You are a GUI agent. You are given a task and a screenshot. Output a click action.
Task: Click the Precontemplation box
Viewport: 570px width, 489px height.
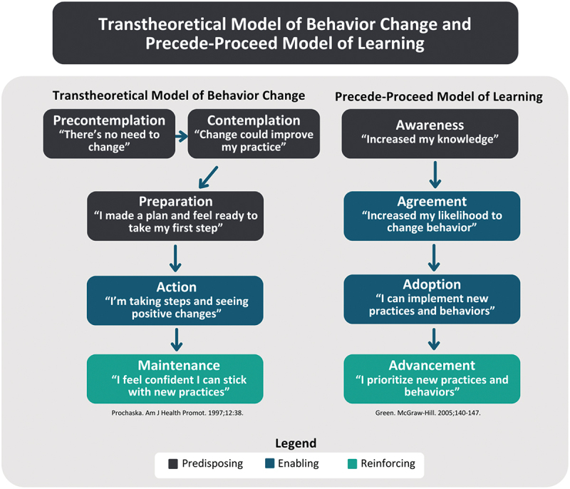(x=109, y=133)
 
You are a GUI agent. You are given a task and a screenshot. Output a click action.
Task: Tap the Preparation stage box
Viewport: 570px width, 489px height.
(x=175, y=215)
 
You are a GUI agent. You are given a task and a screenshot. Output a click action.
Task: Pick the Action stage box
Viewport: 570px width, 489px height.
(x=175, y=299)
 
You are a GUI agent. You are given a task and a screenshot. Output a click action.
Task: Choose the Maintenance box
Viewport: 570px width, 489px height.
(x=175, y=378)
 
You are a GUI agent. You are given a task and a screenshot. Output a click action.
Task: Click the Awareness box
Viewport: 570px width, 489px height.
(x=430, y=133)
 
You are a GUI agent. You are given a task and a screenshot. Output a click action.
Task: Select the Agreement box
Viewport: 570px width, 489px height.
(x=430, y=215)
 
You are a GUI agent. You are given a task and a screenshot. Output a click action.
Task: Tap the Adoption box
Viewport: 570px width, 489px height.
(x=430, y=299)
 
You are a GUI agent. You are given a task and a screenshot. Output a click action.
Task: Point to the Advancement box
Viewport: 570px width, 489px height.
(x=430, y=378)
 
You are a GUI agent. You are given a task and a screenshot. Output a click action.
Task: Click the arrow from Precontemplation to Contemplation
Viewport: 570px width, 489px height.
(x=181, y=133)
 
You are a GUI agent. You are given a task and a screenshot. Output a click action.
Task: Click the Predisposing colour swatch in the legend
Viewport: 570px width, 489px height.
(x=172, y=464)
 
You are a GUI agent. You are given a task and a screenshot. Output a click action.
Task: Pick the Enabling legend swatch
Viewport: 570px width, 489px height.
(x=269, y=464)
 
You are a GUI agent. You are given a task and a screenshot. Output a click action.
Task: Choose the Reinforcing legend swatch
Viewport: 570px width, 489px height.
(x=352, y=464)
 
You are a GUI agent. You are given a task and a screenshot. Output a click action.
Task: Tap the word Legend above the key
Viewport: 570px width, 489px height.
(x=289, y=443)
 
